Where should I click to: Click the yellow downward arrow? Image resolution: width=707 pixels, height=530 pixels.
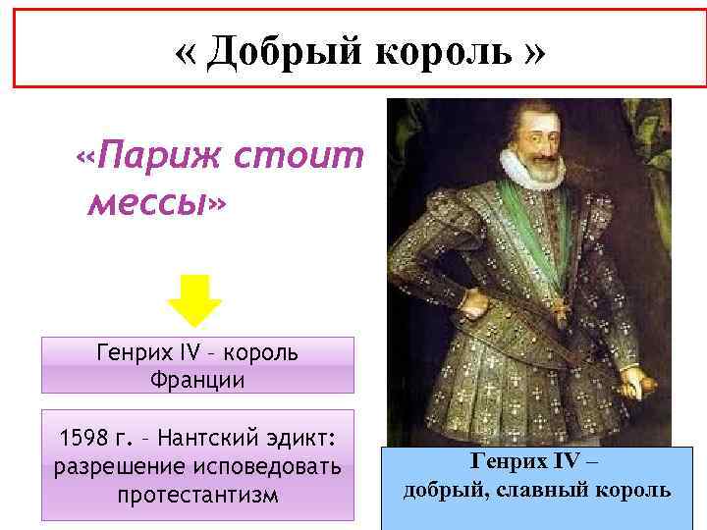pyautogui.click(x=196, y=298)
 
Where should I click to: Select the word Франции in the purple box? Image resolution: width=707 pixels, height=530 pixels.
pyautogui.click(x=197, y=378)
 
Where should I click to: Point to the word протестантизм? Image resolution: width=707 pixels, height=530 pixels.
pyautogui.click(x=197, y=495)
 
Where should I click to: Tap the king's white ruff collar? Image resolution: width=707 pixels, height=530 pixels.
pyautogui.click(x=530, y=169)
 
